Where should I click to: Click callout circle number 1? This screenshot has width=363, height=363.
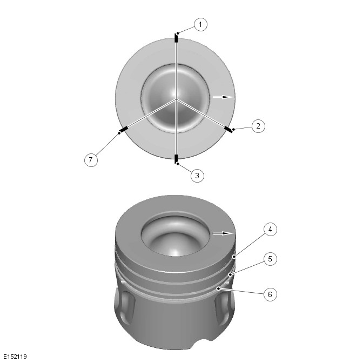click(x=200, y=24)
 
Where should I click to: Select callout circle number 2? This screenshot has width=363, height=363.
click(x=258, y=126)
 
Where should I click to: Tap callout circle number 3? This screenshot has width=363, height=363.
click(x=197, y=176)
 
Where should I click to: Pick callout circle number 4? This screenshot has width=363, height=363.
click(x=270, y=229)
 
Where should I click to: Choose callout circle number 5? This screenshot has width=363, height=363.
click(x=270, y=259)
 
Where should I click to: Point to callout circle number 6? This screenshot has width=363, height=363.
click(x=270, y=294)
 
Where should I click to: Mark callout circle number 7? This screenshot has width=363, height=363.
click(x=91, y=160)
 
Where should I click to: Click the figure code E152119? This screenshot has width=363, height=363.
click(x=15, y=357)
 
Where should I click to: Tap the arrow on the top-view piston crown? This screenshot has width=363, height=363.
click(x=223, y=97)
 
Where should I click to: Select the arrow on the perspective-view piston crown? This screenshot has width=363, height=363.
click(x=223, y=233)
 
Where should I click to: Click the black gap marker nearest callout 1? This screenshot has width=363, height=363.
click(x=176, y=38)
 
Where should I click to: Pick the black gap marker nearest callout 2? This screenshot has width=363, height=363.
click(x=228, y=130)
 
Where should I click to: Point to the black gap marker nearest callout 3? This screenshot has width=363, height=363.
click(x=176, y=159)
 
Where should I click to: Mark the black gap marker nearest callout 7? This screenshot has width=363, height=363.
click(x=124, y=130)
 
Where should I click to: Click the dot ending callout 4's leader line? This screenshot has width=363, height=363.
click(x=234, y=257)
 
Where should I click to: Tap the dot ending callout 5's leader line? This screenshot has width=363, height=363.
click(x=230, y=274)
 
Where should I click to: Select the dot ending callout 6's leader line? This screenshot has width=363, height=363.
click(x=218, y=288)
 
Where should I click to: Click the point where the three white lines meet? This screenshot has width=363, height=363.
click(x=176, y=99)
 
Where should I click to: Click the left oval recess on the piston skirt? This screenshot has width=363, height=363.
click(x=126, y=308)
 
